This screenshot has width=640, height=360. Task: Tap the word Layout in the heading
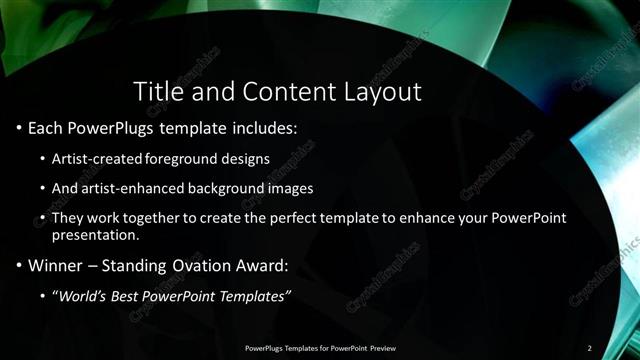click(x=383, y=92)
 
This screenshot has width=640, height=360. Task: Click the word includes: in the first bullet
click(x=265, y=130)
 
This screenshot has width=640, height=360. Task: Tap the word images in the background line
click(x=293, y=188)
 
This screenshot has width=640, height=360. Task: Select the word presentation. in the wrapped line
click(x=95, y=237)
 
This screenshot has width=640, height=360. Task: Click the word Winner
click(x=50, y=266)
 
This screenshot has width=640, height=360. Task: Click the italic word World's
click(x=85, y=296)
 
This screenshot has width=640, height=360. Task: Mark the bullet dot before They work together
click(x=41, y=217)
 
